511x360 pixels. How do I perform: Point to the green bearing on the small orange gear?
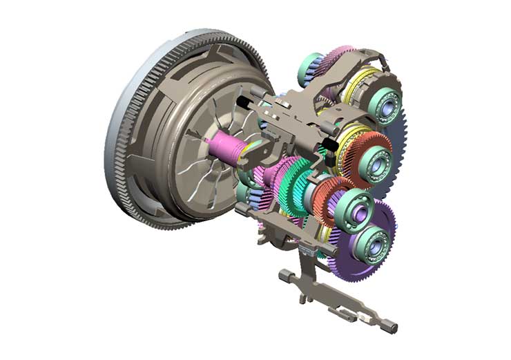(x=357, y=208)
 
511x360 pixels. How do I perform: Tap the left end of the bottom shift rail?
(x=284, y=275)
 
